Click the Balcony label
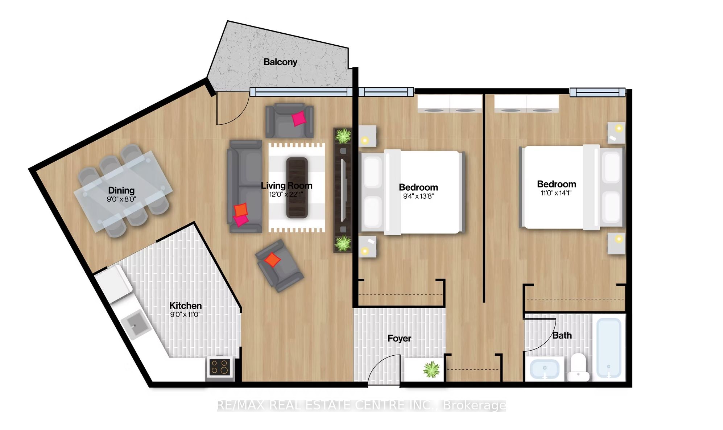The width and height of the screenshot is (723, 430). [280, 62]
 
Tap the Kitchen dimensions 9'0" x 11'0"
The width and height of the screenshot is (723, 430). [185, 314]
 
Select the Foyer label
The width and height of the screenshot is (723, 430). [399, 338]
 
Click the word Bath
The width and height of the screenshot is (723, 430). [562, 335]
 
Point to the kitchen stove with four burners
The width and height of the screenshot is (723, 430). [219, 367]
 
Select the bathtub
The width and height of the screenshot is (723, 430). [609, 348]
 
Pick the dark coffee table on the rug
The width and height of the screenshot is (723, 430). [297, 188]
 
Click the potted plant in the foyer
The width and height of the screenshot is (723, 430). [431, 369]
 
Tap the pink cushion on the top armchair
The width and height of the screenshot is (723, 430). [299, 118]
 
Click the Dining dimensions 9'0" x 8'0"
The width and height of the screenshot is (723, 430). [121, 199]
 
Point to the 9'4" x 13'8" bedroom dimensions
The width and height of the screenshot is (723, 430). [418, 196]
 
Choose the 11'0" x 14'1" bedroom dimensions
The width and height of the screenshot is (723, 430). [556, 193]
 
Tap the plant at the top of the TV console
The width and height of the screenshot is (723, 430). [343, 136]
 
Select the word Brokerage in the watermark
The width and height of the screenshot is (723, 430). [474, 405]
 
